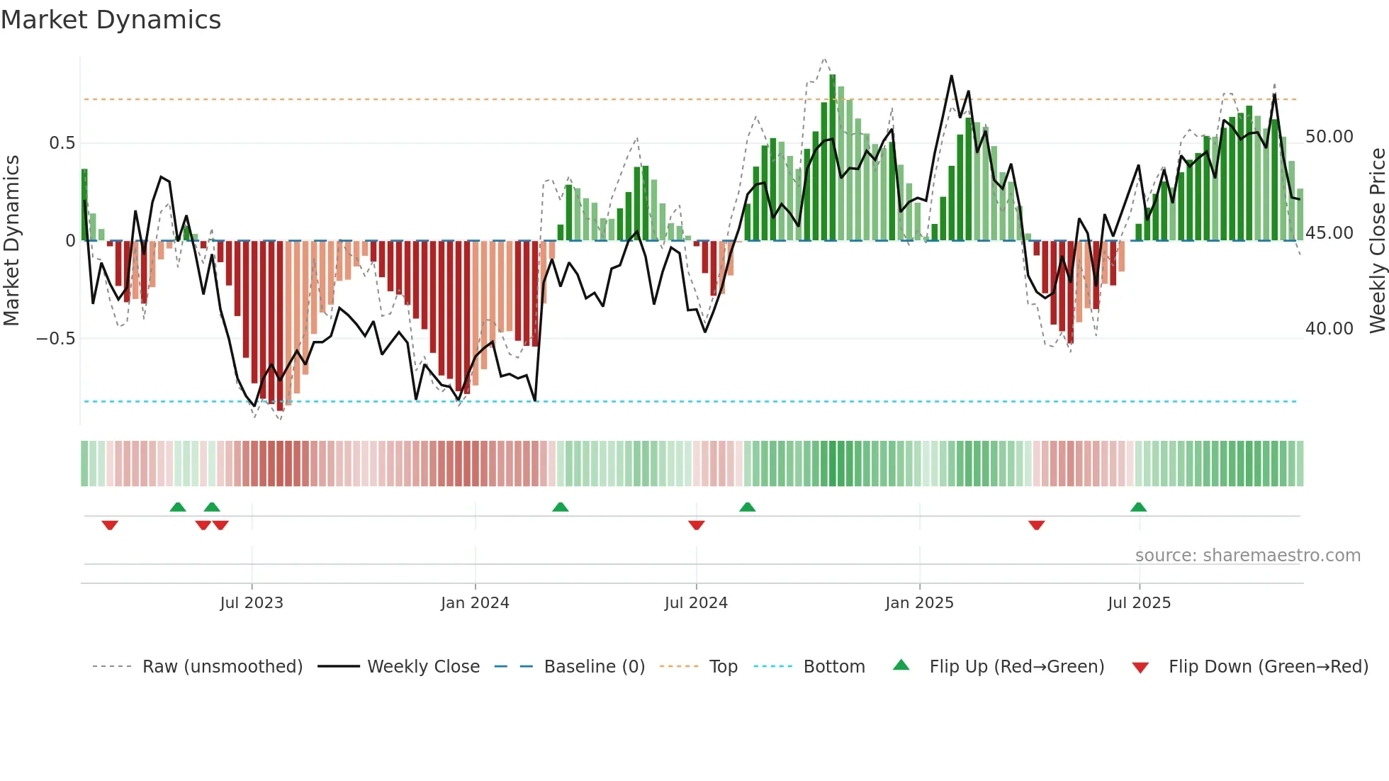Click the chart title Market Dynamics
tap(111, 20)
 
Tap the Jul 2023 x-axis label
tap(251, 603)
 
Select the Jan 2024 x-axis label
tap(475, 603)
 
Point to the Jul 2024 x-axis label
tap(696, 603)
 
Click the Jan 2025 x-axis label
tap(919, 603)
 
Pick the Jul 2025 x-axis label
tap(1139, 603)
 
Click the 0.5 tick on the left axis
tap(62, 143)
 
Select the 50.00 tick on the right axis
tap(1329, 137)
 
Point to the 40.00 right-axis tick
tap(1329, 329)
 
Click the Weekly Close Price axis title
tap(1377, 241)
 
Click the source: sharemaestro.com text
tap(1247, 556)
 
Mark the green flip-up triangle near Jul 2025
tap(1138, 507)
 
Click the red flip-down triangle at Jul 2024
tap(696, 525)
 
